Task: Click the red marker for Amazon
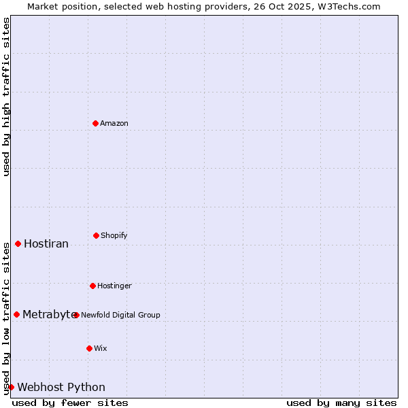pyautogui.click(x=95, y=123)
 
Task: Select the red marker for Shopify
pyautogui.click(x=96, y=235)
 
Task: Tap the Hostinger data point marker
pyautogui.click(x=92, y=286)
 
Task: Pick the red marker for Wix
pyautogui.click(x=89, y=348)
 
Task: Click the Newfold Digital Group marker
pyautogui.click(x=76, y=315)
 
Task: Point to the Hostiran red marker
pyautogui.click(x=18, y=243)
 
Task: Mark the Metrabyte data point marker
pyautogui.click(x=16, y=314)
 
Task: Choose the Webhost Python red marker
pyautogui.click(x=11, y=387)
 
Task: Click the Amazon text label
pyautogui.click(x=114, y=123)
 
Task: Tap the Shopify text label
pyautogui.click(x=114, y=235)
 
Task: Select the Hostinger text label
pyautogui.click(x=114, y=286)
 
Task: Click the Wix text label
pyautogui.click(x=101, y=348)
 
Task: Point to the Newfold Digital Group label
pyautogui.click(x=120, y=315)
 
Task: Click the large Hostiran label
pyautogui.click(x=46, y=243)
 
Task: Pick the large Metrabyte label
pyautogui.click(x=49, y=314)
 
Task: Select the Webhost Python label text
pyautogui.click(x=61, y=387)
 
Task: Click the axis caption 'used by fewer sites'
pyautogui.click(x=70, y=403)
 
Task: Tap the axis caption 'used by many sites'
pyautogui.click(x=341, y=403)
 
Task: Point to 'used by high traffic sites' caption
pyautogui.click(x=6, y=97)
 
